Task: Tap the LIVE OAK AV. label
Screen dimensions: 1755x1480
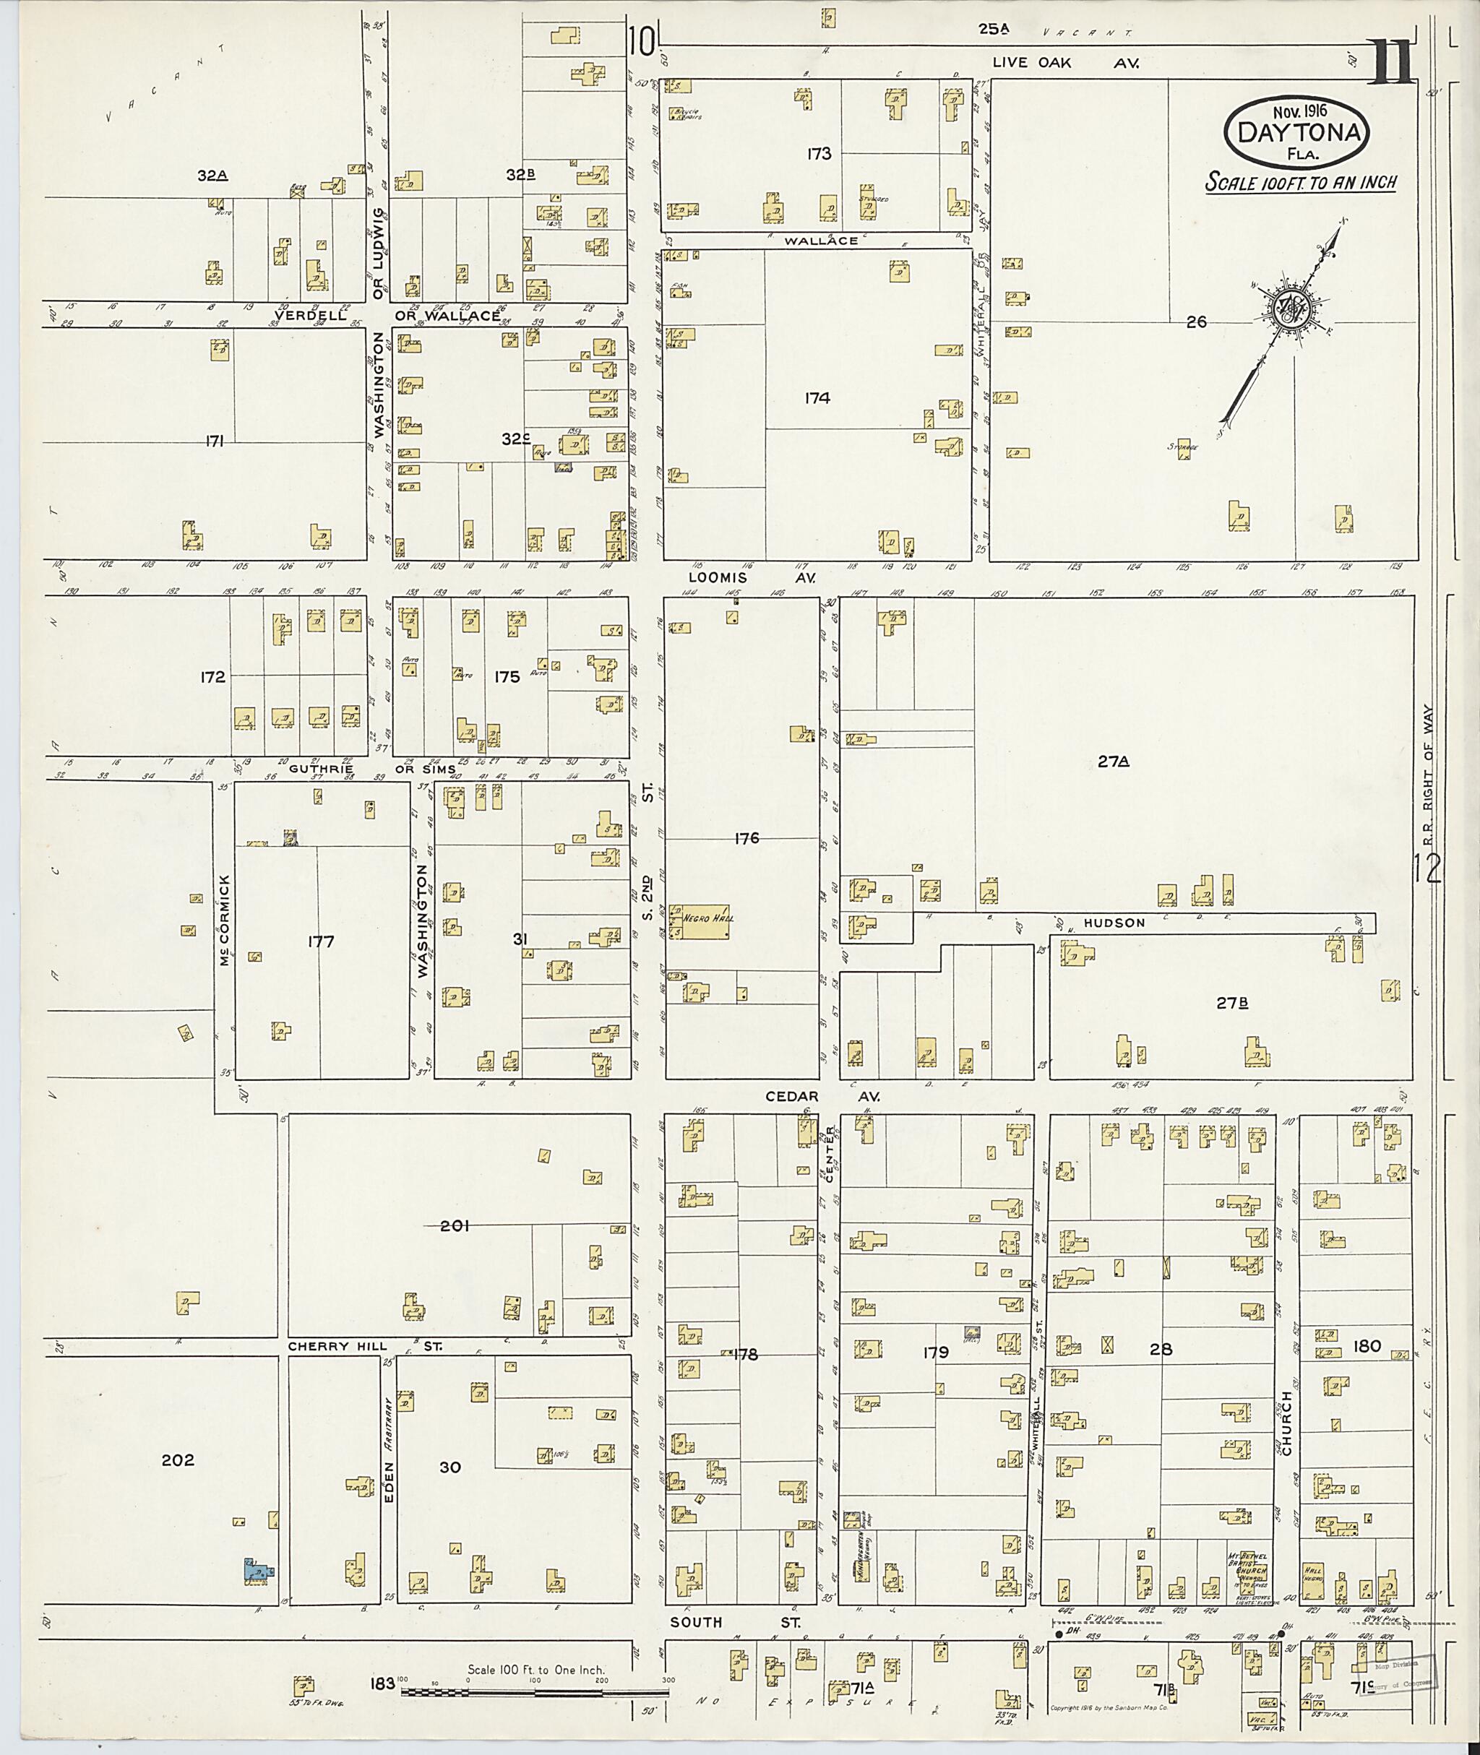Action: pyautogui.click(x=1064, y=63)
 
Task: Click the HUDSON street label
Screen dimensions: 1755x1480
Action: pyautogui.click(x=1114, y=923)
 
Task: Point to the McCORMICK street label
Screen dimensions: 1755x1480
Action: pyautogui.click(x=224, y=920)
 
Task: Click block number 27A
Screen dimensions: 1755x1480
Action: pyautogui.click(x=1114, y=762)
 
